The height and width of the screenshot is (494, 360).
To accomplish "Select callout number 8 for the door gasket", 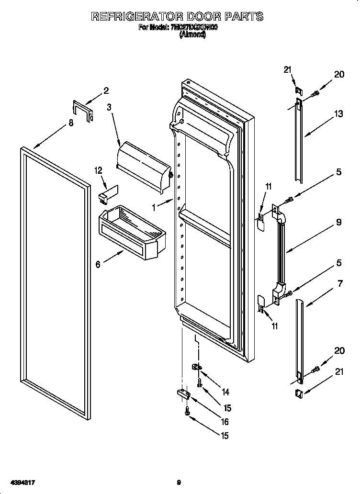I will pos(71,123).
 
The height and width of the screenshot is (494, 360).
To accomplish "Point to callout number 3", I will pos(110,107).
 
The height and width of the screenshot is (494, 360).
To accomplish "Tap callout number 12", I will pos(99,170).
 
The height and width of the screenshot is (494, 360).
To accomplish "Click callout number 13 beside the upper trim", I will pos(339,113).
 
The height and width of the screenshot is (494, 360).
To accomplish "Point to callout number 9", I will pos(338,222).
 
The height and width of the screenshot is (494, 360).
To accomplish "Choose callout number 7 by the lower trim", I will pos(340,284).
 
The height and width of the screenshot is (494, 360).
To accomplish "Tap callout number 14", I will pos(225,392).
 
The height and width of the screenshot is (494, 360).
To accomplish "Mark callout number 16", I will pos(225,422).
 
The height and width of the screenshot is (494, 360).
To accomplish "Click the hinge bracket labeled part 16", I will pos(184,394).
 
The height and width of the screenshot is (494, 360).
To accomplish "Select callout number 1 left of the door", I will pos(154,208).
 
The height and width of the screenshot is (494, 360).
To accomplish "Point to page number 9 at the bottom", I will pos(179,483).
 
